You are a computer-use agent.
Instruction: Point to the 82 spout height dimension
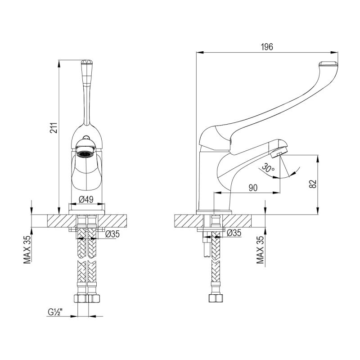(313, 184)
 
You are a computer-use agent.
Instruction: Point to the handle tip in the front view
(86, 64)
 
